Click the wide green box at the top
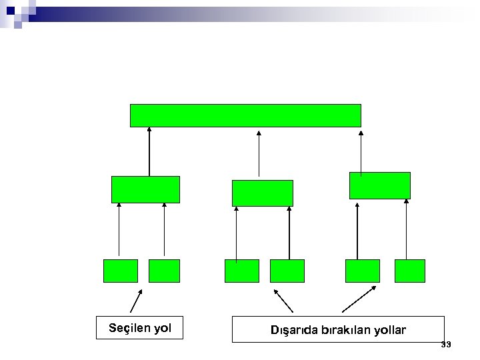click(x=245, y=115)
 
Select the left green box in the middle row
click(x=145, y=189)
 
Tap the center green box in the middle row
click(x=262, y=193)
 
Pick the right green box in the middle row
click(x=379, y=185)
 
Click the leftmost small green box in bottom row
click(x=121, y=271)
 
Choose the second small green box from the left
click(x=164, y=271)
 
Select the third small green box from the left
click(x=241, y=271)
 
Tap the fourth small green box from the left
click(x=287, y=271)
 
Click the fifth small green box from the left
click(x=362, y=271)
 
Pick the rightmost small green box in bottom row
click(x=409, y=271)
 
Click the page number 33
click(x=446, y=344)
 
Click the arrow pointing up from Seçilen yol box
click(x=136, y=301)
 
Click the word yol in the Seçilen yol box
click(x=162, y=328)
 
